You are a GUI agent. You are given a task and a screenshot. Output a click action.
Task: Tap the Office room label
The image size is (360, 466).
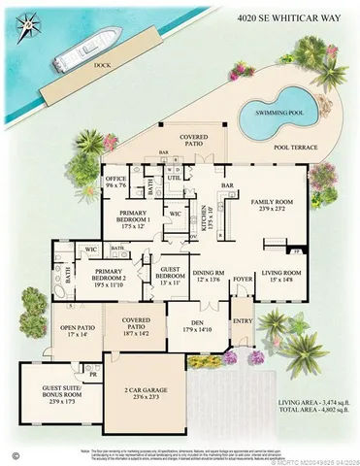click(117, 181)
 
